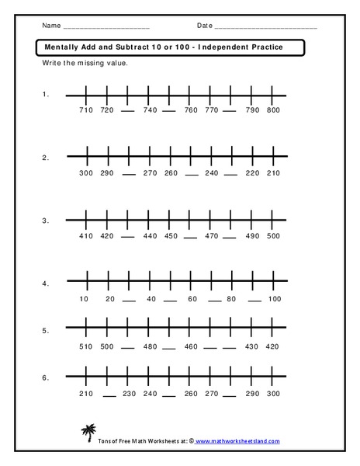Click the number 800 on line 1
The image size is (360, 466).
[x=272, y=110]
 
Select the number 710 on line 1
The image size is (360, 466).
[x=86, y=110]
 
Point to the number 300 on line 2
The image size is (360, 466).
[x=86, y=172]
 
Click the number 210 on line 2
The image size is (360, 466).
[x=272, y=172]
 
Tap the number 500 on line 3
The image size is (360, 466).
[x=272, y=236]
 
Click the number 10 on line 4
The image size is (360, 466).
[x=86, y=299]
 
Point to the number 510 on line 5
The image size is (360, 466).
[x=86, y=346]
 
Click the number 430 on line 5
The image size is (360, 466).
[x=251, y=346]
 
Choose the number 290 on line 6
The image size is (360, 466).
[x=251, y=394]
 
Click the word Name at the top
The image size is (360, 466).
[x=50, y=26]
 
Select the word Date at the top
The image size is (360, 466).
[x=205, y=26]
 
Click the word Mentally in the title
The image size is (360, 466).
[x=59, y=47]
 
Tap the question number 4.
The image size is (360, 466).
[x=46, y=283]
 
